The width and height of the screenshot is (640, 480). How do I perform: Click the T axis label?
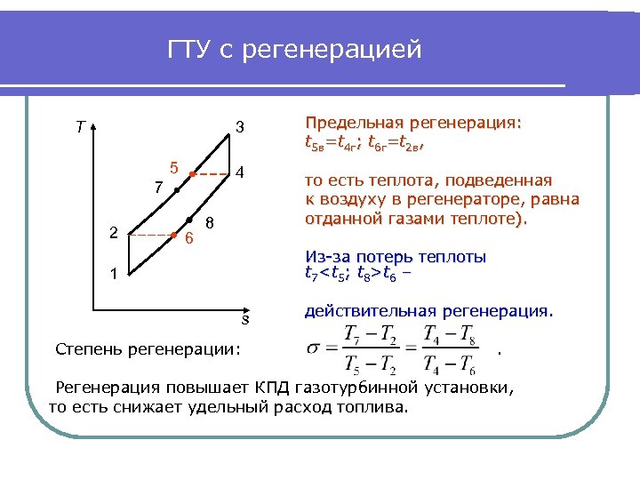click(x=81, y=126)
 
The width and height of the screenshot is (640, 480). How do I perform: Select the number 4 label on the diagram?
click(x=240, y=171)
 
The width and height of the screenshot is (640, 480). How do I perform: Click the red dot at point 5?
click(x=193, y=175)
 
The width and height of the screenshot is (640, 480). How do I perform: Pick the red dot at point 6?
click(x=173, y=236)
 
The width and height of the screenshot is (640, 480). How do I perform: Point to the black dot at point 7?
click(x=177, y=190)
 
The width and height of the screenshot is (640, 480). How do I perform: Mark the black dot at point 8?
click(x=189, y=220)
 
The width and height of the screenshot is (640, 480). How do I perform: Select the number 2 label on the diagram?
click(x=113, y=233)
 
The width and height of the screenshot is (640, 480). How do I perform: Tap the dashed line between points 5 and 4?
click(x=213, y=175)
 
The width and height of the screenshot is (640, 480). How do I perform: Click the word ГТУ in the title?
click(x=190, y=51)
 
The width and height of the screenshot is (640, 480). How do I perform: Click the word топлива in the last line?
click(x=373, y=407)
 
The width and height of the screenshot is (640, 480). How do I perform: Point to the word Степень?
click(x=89, y=348)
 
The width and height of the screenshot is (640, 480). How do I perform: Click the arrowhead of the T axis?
click(x=92, y=124)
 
